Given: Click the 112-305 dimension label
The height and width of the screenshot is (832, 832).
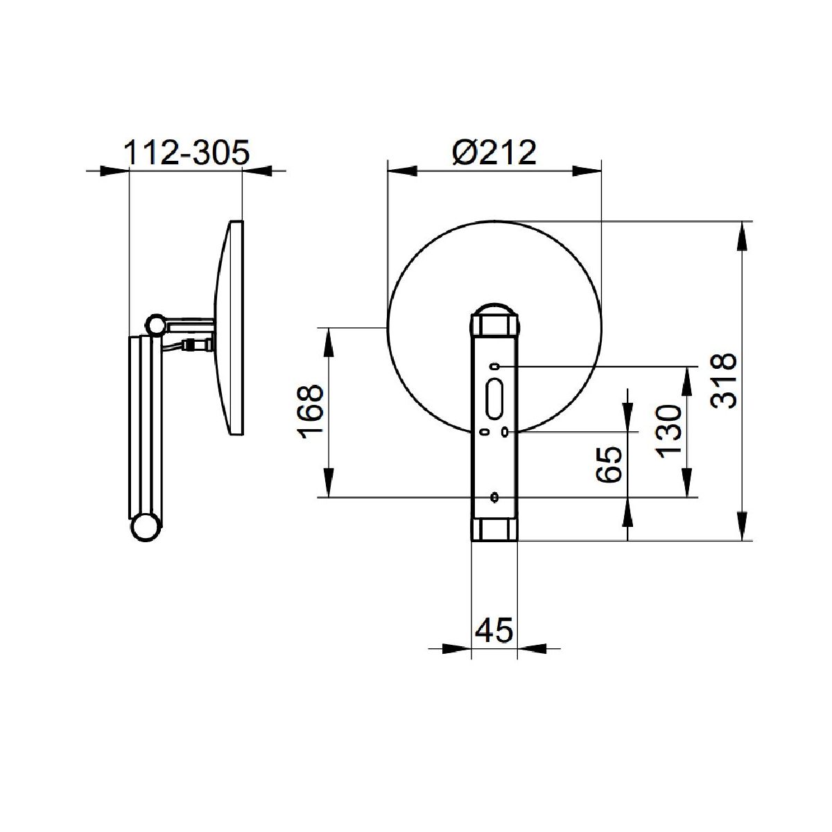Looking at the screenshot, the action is point(187,152).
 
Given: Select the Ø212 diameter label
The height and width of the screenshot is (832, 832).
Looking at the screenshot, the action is point(494,152).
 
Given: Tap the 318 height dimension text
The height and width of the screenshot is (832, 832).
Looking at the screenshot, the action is point(724,381).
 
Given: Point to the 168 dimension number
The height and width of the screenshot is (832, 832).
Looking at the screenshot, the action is point(311,411).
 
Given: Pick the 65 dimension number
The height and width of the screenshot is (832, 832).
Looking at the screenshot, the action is point(609,465).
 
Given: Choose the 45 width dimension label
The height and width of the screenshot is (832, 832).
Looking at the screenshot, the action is point(494,630).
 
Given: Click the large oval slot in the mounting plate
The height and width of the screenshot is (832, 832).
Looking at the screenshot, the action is point(494,399).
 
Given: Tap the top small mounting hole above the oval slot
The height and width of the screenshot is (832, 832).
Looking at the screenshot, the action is point(494,367).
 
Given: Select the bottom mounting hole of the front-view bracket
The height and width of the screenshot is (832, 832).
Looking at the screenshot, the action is point(494,497).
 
